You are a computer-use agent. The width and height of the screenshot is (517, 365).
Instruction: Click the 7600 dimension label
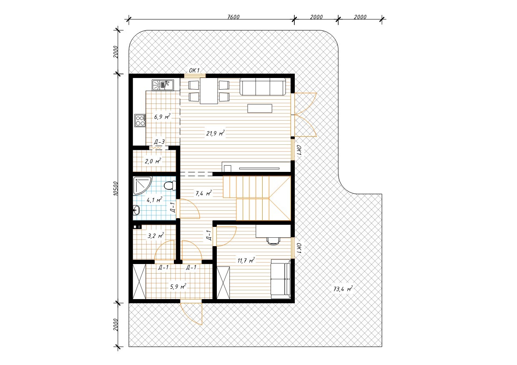(x=233, y=17)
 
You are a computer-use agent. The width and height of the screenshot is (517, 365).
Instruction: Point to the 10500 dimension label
(x=116, y=189)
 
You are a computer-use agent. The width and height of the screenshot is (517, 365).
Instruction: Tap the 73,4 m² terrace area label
(x=343, y=289)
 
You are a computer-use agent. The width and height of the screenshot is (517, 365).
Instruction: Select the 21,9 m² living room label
(x=216, y=133)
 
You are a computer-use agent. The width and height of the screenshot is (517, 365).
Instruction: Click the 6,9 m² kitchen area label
(x=162, y=116)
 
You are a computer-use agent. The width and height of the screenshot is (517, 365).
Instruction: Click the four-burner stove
(x=140, y=121)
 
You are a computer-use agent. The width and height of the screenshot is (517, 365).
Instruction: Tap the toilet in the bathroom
(x=170, y=185)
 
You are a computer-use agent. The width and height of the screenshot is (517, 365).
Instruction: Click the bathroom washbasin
(x=136, y=210)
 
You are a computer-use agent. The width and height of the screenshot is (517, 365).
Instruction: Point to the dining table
(x=209, y=91)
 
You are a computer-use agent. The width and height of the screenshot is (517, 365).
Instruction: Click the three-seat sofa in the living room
(x=263, y=87)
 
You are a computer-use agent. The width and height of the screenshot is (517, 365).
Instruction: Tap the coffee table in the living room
(x=260, y=108)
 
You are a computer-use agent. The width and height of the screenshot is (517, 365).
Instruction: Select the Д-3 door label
(x=159, y=142)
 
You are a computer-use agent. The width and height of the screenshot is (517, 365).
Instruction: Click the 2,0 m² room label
(x=153, y=161)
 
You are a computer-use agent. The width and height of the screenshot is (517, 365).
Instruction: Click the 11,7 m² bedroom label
(x=246, y=260)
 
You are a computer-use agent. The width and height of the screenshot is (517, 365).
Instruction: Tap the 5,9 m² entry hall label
(x=178, y=287)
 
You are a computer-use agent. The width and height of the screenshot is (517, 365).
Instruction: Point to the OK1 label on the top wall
(x=194, y=70)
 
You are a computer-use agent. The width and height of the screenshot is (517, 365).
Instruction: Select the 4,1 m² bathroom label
(x=154, y=200)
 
